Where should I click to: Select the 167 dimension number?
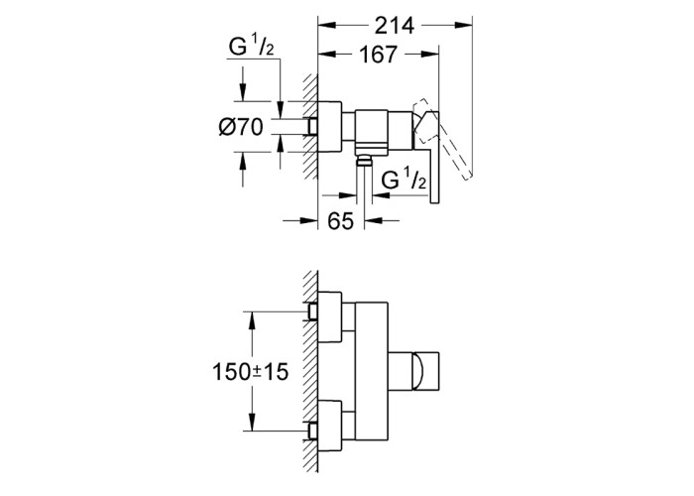click(x=378, y=55)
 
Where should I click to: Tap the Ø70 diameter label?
click(x=240, y=127)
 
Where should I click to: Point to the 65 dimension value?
click(x=341, y=220)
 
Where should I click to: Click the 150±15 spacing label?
click(x=251, y=372)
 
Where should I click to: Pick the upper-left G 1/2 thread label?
click(x=251, y=47)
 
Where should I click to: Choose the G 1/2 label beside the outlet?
click(x=404, y=180)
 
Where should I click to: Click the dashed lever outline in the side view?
click(x=442, y=138)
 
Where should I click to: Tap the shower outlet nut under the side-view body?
click(x=364, y=160)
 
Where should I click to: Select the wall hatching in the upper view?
click(x=310, y=126)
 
